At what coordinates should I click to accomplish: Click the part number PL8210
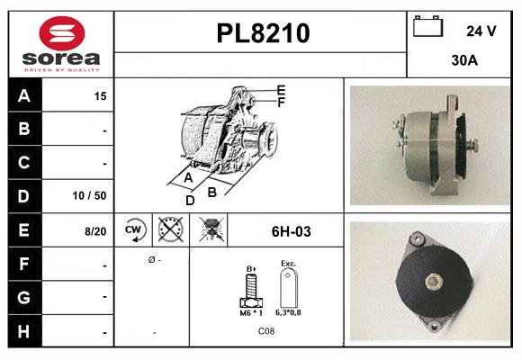(x=263, y=33)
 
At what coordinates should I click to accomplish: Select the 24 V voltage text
(x=481, y=31)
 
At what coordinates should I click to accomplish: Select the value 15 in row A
(x=100, y=95)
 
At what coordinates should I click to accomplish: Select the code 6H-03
(x=291, y=231)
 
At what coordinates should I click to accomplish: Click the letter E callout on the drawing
(x=281, y=90)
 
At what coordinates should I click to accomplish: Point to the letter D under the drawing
(x=191, y=201)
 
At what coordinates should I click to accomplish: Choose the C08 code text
(x=266, y=331)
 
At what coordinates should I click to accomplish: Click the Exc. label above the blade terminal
(x=289, y=264)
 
